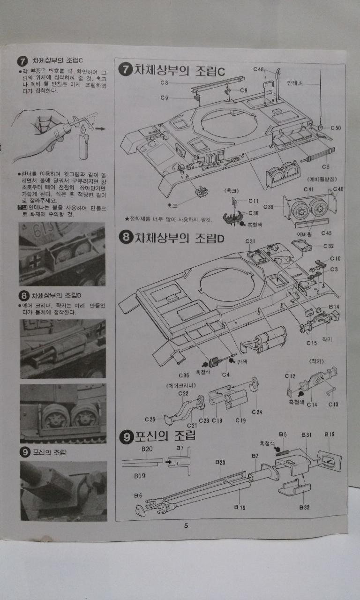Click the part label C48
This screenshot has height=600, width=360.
coord(259,69)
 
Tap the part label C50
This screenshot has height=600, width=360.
coord(335,128)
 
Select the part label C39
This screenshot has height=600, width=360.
coord(269,207)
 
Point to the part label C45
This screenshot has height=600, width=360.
coord(327,233)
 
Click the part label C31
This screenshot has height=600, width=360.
coord(250,241)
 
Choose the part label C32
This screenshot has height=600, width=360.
coord(328,246)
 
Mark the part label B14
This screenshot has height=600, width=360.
coord(334,306)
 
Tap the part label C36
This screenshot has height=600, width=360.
coord(184,375)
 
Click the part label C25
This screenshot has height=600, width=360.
coord(150,419)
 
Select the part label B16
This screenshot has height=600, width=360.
coord(330,435)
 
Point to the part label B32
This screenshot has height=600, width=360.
coord(305,507)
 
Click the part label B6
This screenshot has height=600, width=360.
coord(138,495)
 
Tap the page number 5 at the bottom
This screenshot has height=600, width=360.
coord(186,525)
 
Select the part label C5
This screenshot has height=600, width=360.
coord(326,166)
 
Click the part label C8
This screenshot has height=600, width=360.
coord(164,83)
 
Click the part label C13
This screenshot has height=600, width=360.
coord(333,404)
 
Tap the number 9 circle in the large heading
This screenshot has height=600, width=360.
coord(126,436)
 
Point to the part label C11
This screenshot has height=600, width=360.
coord(253,201)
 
